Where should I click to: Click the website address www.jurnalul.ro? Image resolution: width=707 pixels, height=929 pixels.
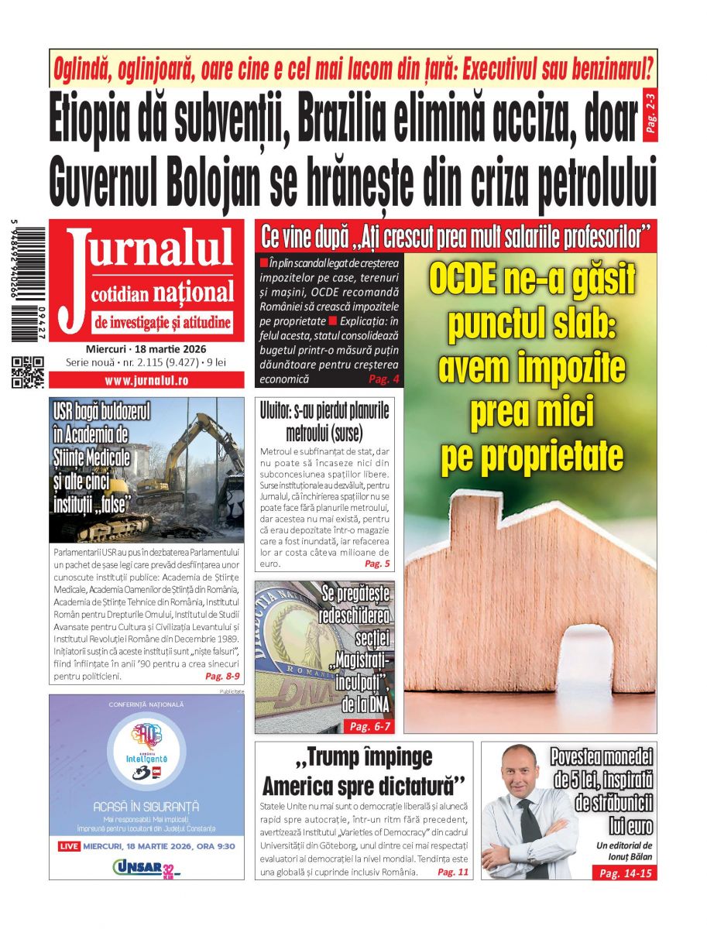click(146, 380)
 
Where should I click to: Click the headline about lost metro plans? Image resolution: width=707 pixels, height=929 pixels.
click(324, 421)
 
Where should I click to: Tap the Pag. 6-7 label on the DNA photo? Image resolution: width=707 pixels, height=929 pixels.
click(370, 726)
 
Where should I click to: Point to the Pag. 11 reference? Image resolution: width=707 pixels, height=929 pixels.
click(453, 872)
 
